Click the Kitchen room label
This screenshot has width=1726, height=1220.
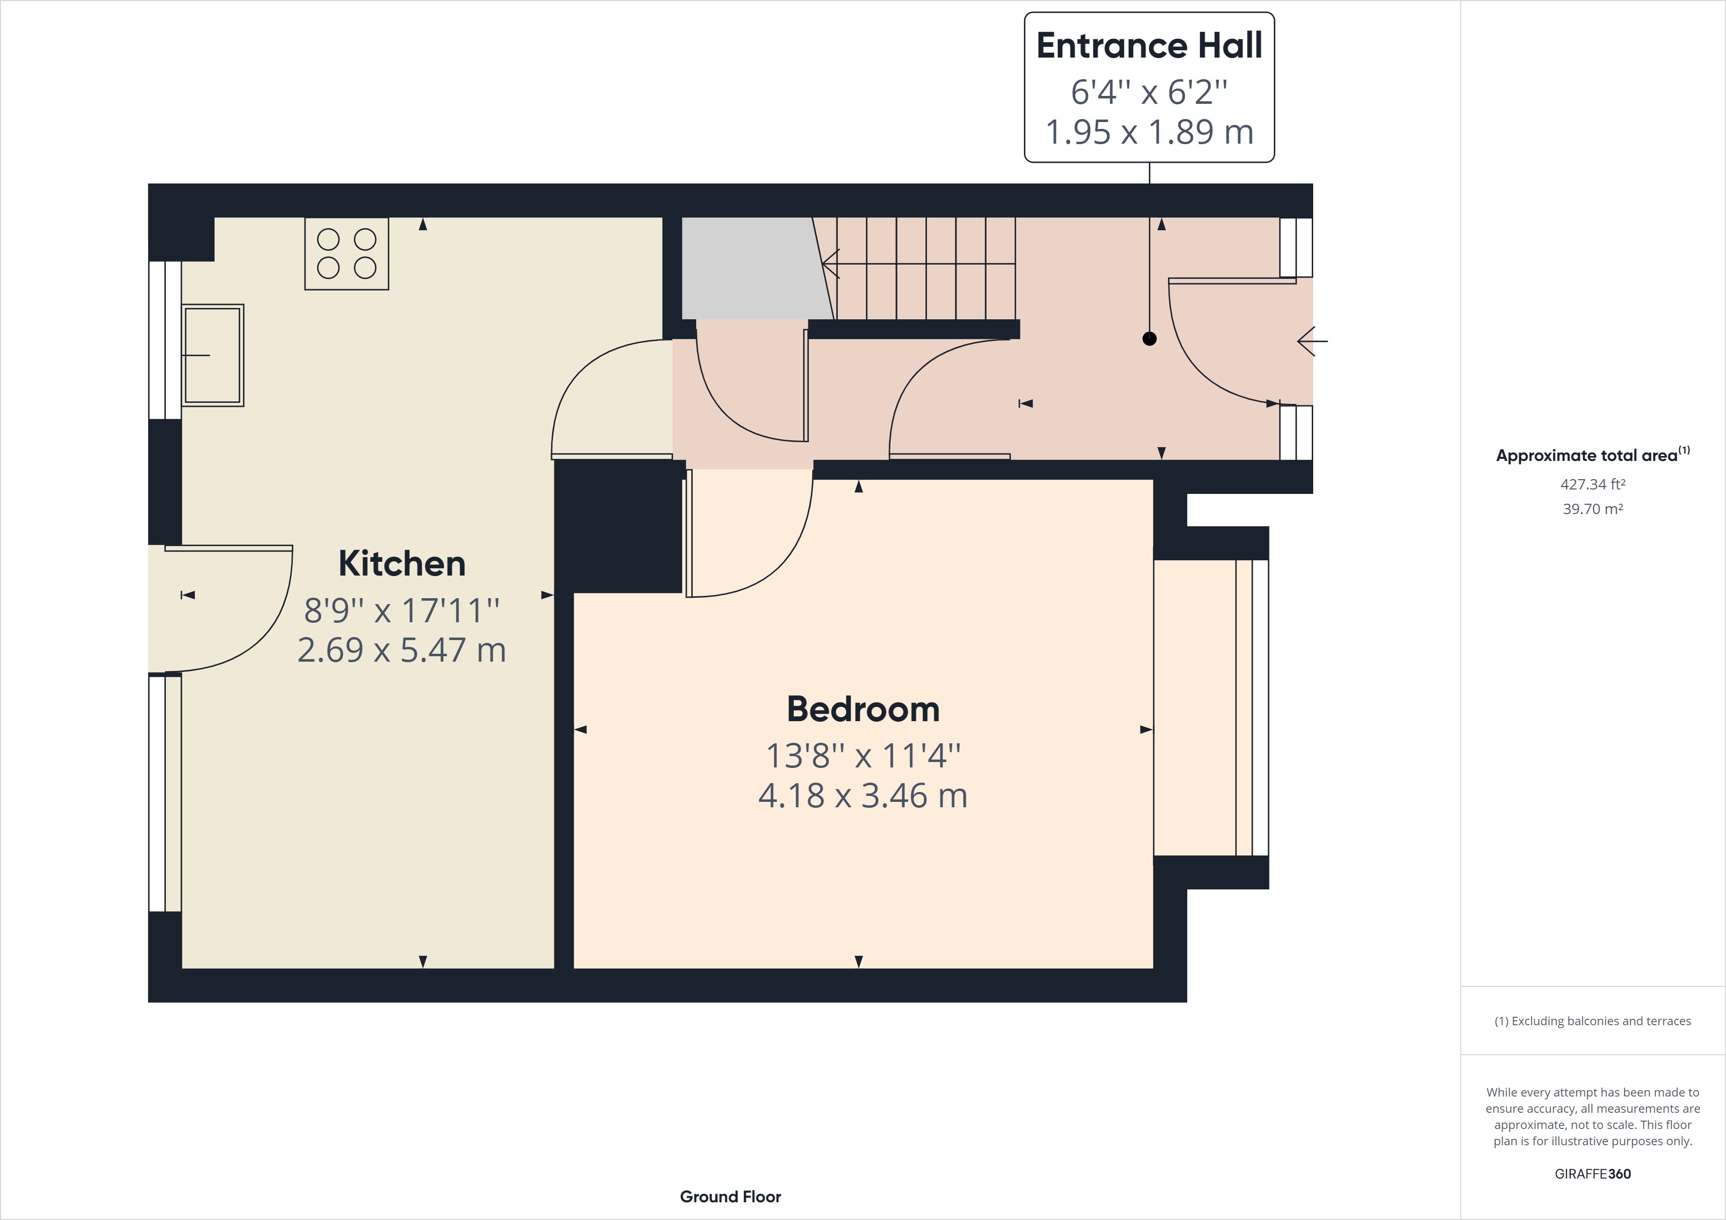[401, 564]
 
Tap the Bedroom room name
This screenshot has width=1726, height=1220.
[863, 709]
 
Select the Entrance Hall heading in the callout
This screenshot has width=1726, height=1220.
[1149, 46]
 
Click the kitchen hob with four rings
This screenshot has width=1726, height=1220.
[346, 253]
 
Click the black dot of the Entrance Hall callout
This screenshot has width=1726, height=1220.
[1149, 339]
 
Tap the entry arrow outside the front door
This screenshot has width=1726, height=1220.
[1312, 341]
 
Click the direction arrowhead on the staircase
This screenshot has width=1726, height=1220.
[831, 264]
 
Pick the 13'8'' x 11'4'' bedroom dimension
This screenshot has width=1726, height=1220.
[863, 756]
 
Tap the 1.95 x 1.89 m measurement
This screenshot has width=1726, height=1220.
[1149, 132]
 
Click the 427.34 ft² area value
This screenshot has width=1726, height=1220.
[1592, 484]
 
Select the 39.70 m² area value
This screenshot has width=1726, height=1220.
[1592, 509]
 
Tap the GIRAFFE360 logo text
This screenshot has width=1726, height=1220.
[1592, 1173]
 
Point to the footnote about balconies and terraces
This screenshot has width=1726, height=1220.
[1592, 1021]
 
